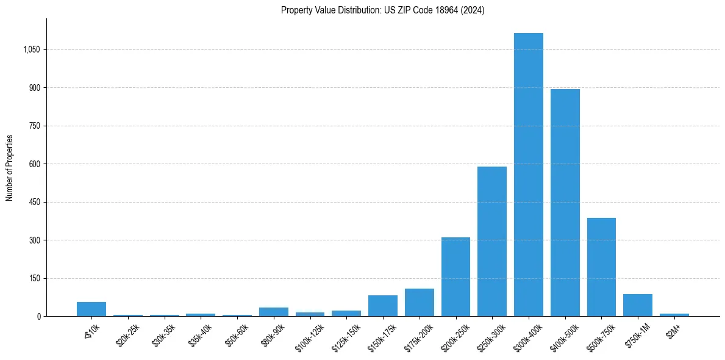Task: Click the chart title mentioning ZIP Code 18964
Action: (x=382, y=10)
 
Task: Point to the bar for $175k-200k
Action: (x=419, y=302)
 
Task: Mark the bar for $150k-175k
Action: (x=382, y=306)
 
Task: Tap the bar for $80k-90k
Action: (x=273, y=312)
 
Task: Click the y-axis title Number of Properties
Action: (x=10, y=168)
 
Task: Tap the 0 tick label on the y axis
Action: (x=38, y=316)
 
